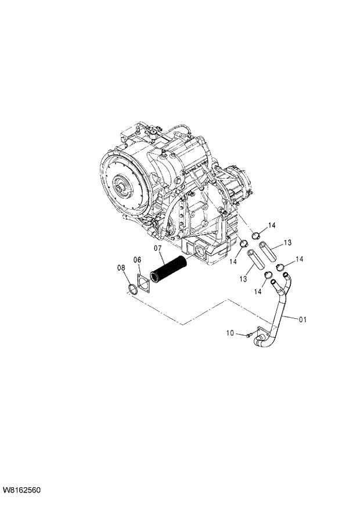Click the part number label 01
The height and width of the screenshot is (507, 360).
click(x=303, y=319)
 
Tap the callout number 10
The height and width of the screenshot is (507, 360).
click(x=229, y=333)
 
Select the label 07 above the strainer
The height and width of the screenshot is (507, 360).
click(x=157, y=249)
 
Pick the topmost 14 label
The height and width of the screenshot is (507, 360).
click(x=272, y=225)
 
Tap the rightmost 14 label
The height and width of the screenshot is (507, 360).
click(x=300, y=259)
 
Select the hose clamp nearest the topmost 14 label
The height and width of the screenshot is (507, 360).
click(x=255, y=235)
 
